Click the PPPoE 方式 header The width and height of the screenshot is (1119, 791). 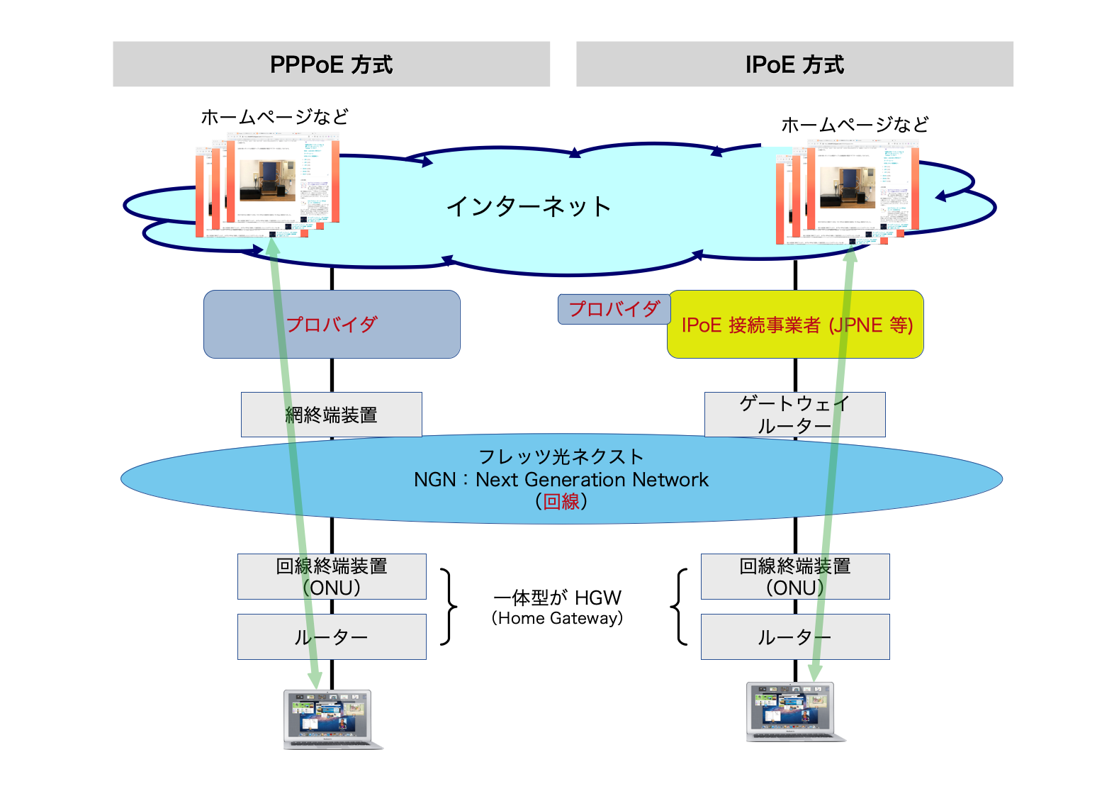[x=331, y=64]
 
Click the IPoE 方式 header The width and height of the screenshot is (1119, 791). [x=794, y=64]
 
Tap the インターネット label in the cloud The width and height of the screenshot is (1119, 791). [x=529, y=206]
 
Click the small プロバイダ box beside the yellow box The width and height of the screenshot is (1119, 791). [x=614, y=309]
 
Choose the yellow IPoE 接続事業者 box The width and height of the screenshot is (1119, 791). [x=795, y=325]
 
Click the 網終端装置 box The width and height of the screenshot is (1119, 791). [x=331, y=415]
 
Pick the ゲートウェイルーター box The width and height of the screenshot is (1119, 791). [x=794, y=415]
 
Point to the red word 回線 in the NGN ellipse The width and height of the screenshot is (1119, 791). [x=561, y=502]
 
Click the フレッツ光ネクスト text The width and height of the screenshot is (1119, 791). [x=561, y=456]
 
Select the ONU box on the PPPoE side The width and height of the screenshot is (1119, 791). [x=332, y=576]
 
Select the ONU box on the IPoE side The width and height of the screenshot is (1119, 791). [x=794, y=576]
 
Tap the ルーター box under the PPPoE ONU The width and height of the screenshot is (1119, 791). [x=332, y=636]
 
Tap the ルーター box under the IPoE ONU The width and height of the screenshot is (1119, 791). [x=794, y=636]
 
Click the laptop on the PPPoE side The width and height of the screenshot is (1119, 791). [x=329, y=718]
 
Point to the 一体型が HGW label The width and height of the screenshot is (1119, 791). [x=557, y=598]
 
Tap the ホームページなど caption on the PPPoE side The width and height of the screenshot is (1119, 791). [x=274, y=117]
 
